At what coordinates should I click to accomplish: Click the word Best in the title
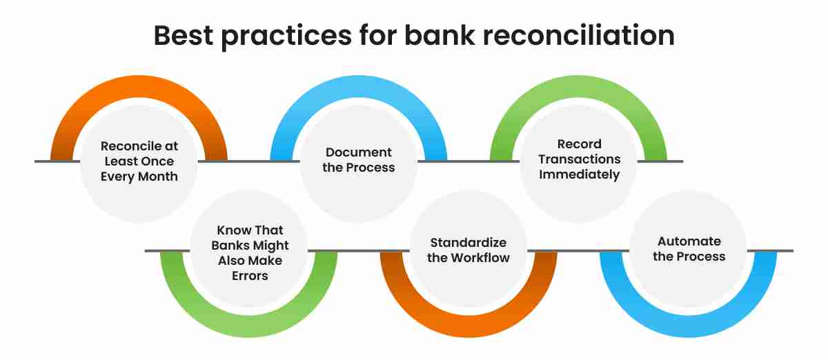pos(184,35)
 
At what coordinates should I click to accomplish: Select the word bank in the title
pos(440,35)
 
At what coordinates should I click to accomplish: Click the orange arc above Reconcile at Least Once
pos(139,87)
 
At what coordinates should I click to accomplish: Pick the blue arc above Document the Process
pos(359,87)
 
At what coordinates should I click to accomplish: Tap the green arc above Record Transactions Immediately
pos(578,87)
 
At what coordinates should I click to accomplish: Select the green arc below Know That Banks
pos(249,326)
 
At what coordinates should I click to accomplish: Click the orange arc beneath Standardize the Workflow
pos(469,326)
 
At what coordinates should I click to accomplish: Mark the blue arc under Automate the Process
pos(689,326)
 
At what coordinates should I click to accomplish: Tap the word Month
pos(158,177)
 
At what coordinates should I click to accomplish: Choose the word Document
pos(359,152)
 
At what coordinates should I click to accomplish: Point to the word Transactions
pos(579,159)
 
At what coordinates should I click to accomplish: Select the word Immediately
pos(579,174)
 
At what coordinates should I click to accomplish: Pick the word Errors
pos(250,276)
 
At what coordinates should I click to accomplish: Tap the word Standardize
pos(469,243)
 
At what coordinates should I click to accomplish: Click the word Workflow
pos(484,258)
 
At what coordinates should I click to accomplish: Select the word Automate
pos(689,241)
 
